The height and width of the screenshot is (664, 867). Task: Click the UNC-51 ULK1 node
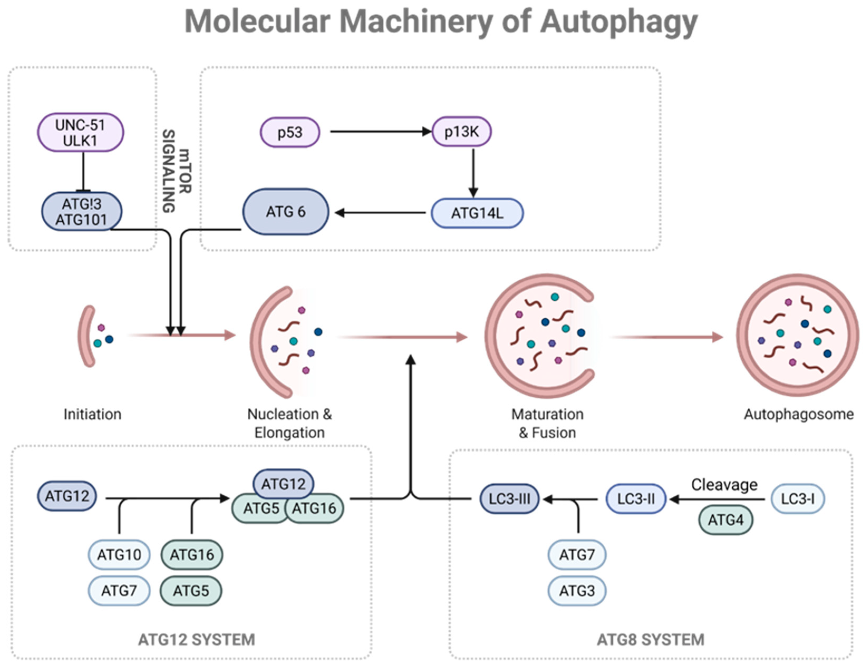coord(81,132)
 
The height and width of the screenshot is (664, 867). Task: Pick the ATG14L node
coord(477,213)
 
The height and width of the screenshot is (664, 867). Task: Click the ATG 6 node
coord(285,212)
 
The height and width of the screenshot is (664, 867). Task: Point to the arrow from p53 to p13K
coord(381,132)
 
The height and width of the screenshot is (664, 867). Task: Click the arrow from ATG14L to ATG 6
coord(380,213)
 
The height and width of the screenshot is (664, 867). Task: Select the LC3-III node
coord(510,499)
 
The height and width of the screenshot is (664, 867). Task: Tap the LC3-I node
coord(798,499)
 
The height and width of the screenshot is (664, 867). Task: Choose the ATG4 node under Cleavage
coord(726,520)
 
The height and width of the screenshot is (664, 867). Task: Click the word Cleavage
coord(724,485)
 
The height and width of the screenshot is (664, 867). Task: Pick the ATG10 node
coord(119,555)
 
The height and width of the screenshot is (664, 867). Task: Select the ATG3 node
coord(577,591)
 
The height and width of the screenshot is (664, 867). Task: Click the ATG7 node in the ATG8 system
coord(577,555)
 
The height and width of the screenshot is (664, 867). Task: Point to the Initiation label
coord(92,414)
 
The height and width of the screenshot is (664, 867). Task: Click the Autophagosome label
coord(798,414)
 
